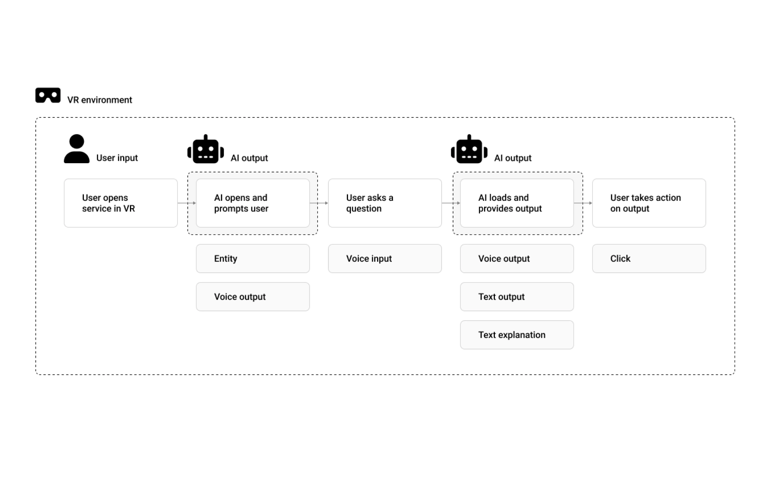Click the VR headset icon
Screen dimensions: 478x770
(x=48, y=95)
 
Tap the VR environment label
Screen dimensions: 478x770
(x=99, y=100)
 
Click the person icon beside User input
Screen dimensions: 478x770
(x=77, y=149)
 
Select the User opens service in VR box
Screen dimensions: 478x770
(x=120, y=203)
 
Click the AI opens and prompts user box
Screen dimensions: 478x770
(x=253, y=203)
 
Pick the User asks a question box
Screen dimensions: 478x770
(x=385, y=203)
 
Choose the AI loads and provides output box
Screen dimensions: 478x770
(x=517, y=203)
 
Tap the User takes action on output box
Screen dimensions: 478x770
(x=648, y=203)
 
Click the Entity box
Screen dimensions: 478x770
(x=253, y=259)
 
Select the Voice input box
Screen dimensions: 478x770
(x=385, y=259)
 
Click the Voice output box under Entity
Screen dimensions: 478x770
(x=253, y=297)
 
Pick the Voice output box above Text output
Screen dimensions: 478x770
(x=517, y=259)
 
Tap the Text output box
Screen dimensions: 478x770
(x=517, y=297)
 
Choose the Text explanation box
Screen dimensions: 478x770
(x=517, y=335)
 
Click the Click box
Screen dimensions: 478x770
(x=648, y=259)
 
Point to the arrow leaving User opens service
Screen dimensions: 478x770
(x=186, y=203)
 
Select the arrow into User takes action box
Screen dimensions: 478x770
(x=583, y=203)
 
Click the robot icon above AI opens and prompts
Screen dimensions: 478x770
(x=205, y=150)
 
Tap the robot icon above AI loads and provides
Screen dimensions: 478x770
(x=469, y=150)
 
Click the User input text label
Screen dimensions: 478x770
(x=117, y=158)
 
